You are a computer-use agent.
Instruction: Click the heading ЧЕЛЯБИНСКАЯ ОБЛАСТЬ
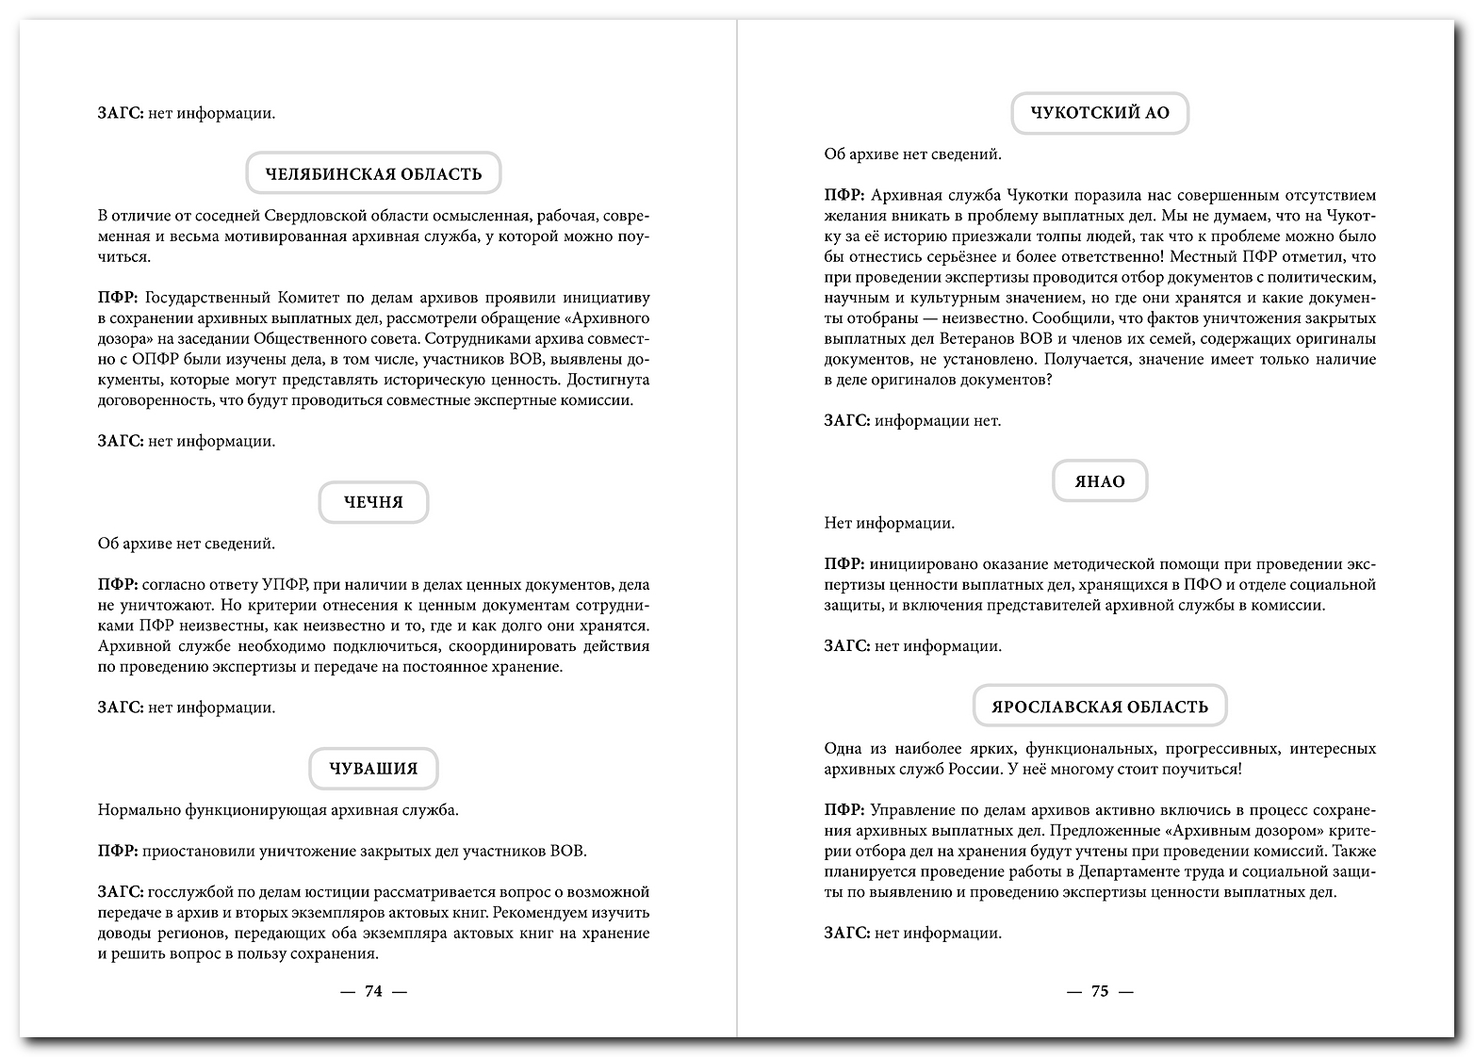pos(373,174)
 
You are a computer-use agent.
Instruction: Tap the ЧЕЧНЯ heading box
pos(373,502)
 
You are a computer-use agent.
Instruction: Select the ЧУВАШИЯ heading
pos(373,769)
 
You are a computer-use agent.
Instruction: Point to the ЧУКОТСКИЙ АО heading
pos(1099,113)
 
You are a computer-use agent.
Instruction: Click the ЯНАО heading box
pos(1099,482)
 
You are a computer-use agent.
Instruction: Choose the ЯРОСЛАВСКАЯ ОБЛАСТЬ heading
pos(1099,707)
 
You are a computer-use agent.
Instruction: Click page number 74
pos(373,991)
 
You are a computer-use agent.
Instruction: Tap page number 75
pos(1099,991)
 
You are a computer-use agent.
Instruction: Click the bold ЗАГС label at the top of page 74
pos(120,114)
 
